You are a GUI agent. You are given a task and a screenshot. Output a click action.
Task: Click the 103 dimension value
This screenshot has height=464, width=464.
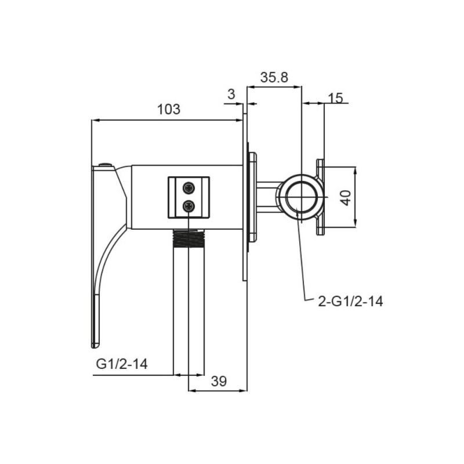tap(168, 109)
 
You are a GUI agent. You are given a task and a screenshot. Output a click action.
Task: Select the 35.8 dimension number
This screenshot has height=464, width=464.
tap(274, 77)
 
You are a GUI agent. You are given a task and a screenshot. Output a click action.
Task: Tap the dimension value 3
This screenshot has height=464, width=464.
tap(231, 94)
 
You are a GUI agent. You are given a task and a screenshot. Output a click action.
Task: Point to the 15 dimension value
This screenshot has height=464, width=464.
tap(336, 98)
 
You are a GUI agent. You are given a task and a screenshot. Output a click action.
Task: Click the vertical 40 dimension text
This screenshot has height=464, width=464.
tap(346, 198)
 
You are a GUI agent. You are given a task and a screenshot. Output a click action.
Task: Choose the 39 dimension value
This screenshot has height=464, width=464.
tap(219, 381)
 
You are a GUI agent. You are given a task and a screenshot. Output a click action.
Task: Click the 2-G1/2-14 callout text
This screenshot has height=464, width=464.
tap(350, 302)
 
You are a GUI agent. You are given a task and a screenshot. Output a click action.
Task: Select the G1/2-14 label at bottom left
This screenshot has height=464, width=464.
tap(122, 364)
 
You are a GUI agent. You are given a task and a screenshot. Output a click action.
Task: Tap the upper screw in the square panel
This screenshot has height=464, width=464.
tap(189, 188)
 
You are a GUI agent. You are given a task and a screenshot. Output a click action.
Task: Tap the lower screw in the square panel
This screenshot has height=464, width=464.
tap(189, 206)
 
